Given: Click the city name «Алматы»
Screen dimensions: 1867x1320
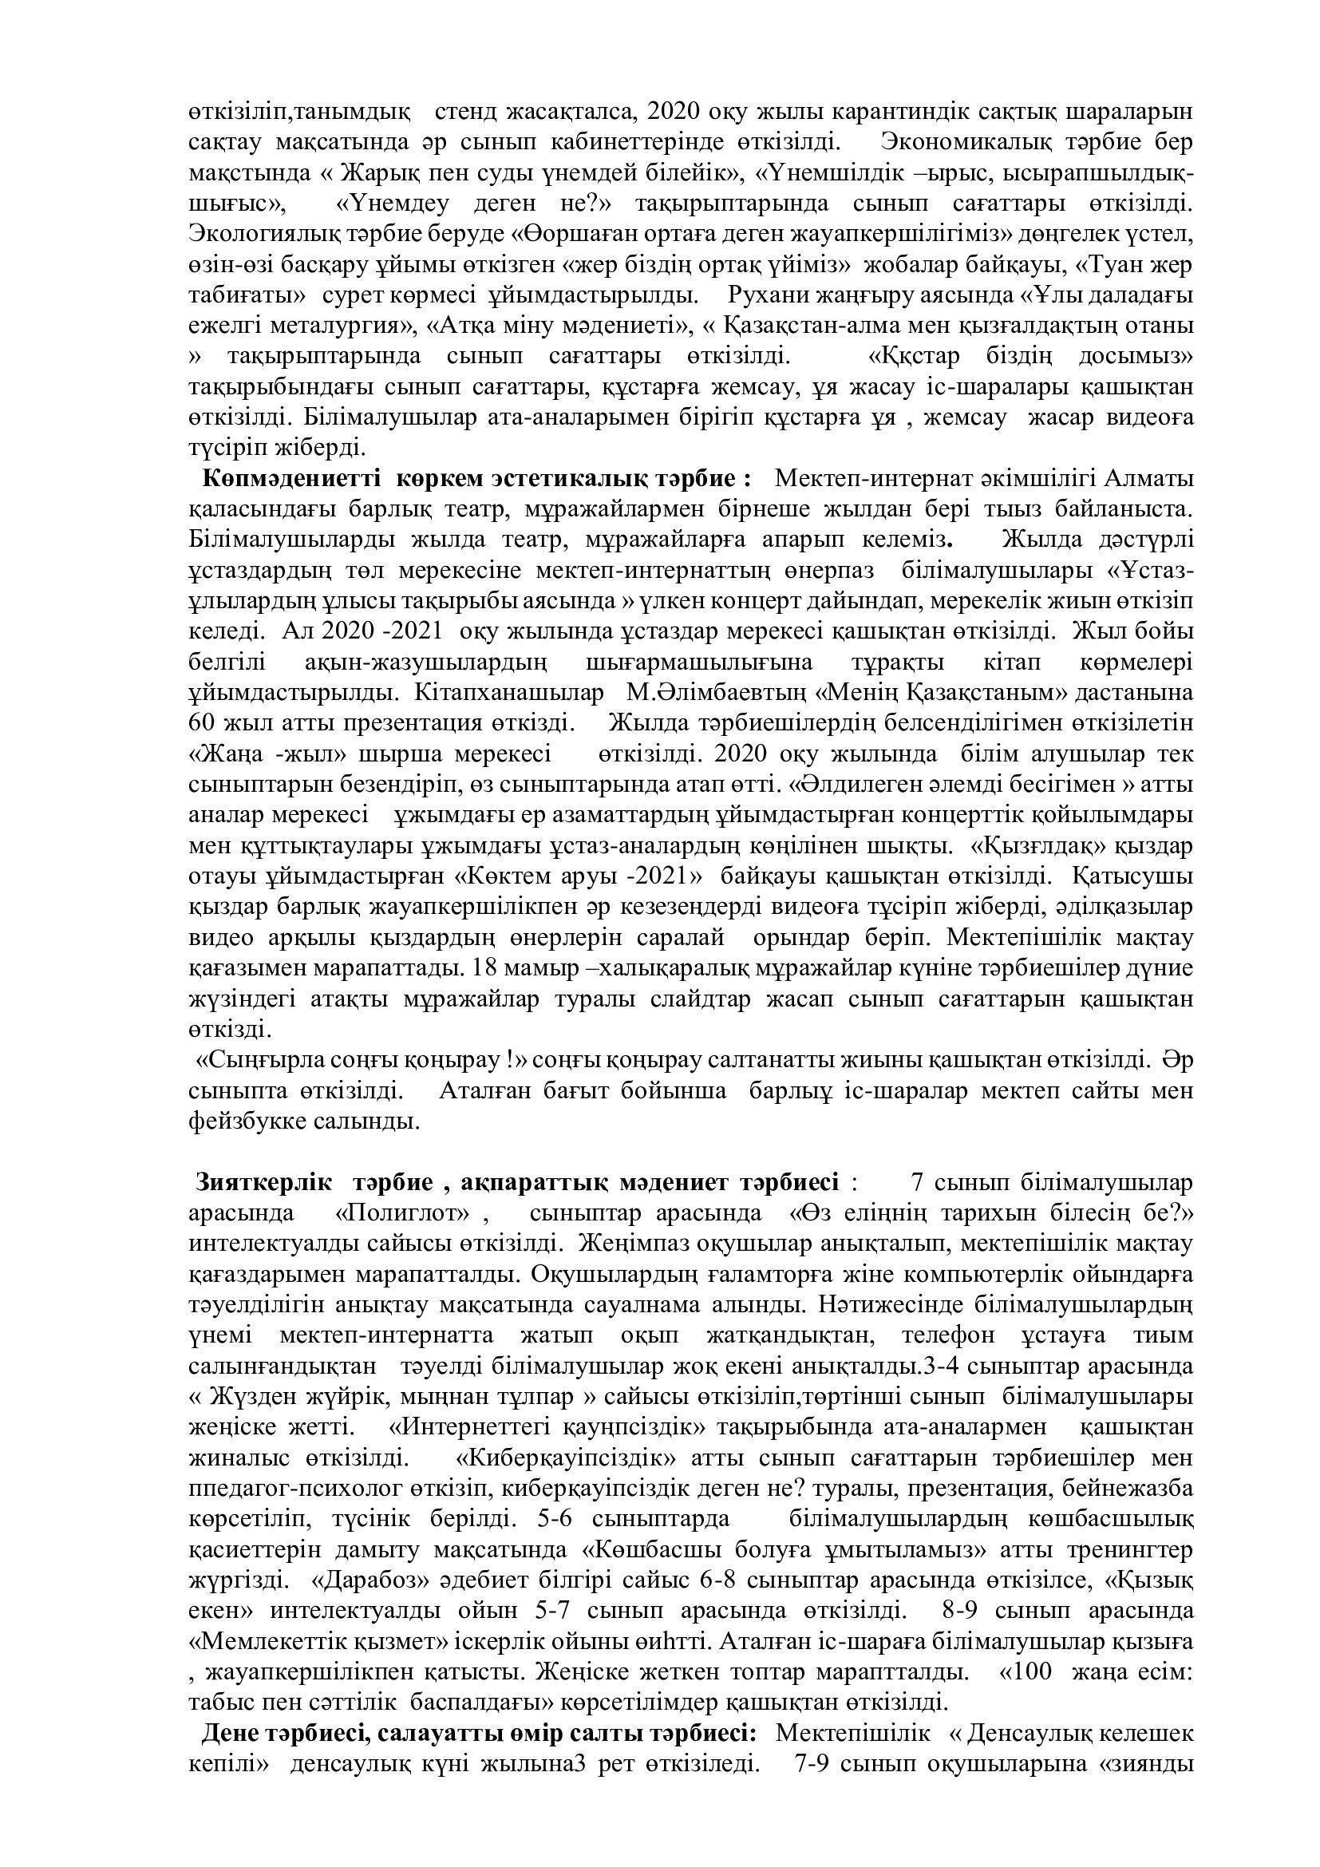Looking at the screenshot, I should click(x=1153, y=478).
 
